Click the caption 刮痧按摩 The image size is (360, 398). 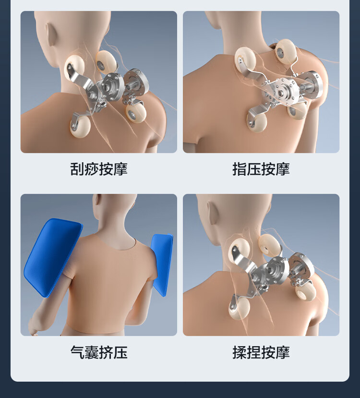(x=99, y=169)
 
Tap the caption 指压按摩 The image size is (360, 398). (x=261, y=169)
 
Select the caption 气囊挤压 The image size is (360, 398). (x=99, y=352)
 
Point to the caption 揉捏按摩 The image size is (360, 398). (x=261, y=352)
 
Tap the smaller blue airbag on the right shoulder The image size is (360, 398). (x=162, y=265)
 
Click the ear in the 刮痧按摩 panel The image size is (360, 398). (x=50, y=34)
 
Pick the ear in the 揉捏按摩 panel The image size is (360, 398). (x=213, y=213)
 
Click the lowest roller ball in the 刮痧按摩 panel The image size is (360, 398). (x=80, y=127)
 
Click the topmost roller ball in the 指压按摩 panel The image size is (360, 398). (x=286, y=51)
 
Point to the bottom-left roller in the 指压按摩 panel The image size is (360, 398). (x=257, y=122)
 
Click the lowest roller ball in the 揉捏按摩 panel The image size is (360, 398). (x=239, y=308)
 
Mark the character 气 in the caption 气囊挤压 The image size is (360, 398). (x=77, y=352)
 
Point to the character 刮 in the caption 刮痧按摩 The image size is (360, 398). (x=77, y=169)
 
